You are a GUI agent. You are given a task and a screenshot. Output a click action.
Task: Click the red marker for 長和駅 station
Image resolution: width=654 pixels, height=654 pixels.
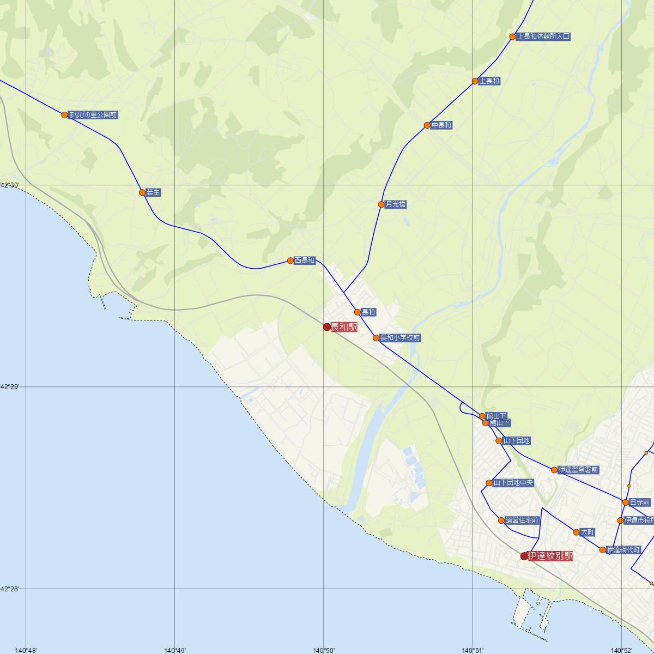pyautogui.click(x=327, y=327)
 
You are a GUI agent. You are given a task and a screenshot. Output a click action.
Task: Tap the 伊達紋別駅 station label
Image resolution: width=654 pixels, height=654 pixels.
pyautogui.click(x=550, y=556)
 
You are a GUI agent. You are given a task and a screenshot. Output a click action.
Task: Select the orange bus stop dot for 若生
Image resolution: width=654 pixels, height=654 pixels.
pyautogui.click(x=142, y=192)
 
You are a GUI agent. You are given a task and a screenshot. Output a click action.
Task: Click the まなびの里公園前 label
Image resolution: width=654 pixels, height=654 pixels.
pyautogui.click(x=93, y=115)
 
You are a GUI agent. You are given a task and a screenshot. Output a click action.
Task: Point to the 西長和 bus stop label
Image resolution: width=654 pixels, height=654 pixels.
pyautogui.click(x=305, y=261)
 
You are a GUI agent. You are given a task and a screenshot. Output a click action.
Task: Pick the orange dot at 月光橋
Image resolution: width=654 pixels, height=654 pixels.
pyautogui.click(x=381, y=204)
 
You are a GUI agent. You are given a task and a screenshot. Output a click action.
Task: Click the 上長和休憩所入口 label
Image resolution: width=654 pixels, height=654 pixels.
pyautogui.click(x=543, y=37)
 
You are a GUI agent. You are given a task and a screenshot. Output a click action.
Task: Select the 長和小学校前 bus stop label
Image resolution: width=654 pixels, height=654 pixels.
pyautogui.click(x=400, y=338)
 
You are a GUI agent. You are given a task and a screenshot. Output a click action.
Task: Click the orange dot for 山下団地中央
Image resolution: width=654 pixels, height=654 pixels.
pyautogui.click(x=489, y=483)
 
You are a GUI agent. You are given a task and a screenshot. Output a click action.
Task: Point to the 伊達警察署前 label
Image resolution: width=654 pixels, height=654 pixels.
pyautogui.click(x=578, y=470)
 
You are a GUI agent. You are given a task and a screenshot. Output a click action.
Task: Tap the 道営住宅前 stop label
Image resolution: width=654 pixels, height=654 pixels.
pyautogui.click(x=522, y=520)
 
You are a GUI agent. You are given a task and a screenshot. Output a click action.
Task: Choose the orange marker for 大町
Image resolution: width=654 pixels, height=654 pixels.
pyautogui.click(x=576, y=532)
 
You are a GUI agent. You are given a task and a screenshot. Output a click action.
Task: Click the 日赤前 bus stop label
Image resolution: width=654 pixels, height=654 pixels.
pyautogui.click(x=639, y=502)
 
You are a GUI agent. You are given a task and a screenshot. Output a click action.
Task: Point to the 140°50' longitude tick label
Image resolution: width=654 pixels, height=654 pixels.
pyautogui.click(x=324, y=650)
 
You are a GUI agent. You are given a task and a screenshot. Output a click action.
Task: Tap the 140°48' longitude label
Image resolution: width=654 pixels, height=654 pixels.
pyautogui.click(x=26, y=650)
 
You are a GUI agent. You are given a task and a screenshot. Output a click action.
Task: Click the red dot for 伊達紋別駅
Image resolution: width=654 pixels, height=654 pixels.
pyautogui.click(x=524, y=556)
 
